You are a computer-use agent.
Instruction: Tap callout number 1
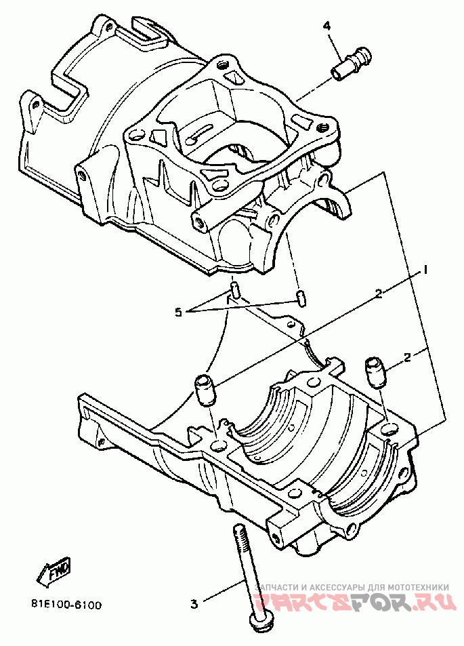point(427,270)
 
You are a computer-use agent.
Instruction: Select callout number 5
point(178,312)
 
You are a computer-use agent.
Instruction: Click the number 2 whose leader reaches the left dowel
point(379,294)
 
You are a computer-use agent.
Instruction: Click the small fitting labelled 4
point(352,62)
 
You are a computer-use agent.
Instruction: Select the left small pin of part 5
point(234,291)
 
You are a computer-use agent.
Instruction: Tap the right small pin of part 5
point(300,297)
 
